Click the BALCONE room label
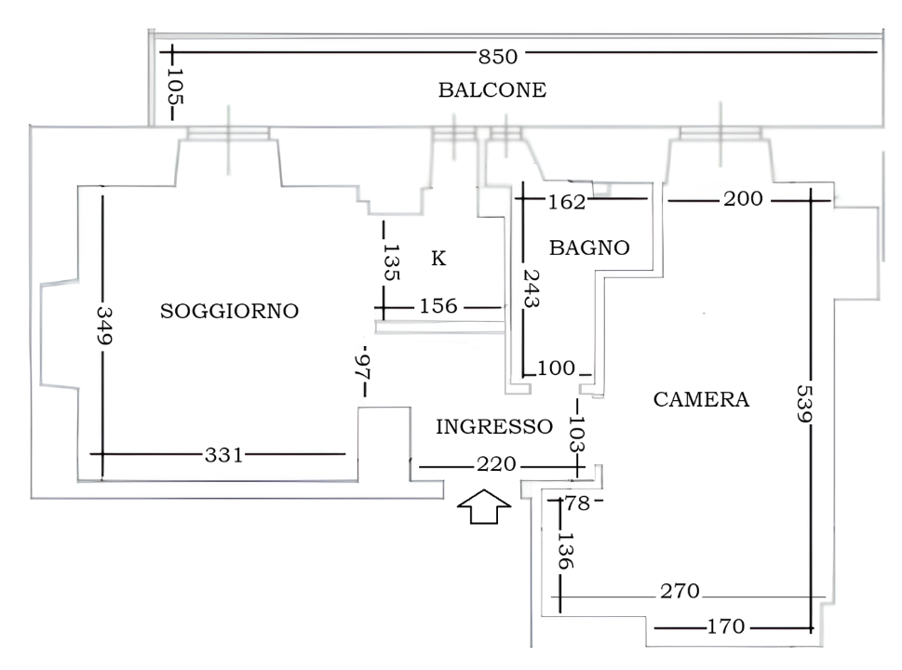click(x=492, y=89)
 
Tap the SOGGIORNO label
click(x=230, y=311)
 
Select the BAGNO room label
click(x=589, y=248)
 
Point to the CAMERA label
click(x=701, y=399)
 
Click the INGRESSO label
click(x=494, y=427)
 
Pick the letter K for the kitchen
click(x=438, y=259)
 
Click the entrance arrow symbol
click(x=484, y=506)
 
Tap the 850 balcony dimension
click(x=498, y=57)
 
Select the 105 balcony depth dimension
click(x=175, y=87)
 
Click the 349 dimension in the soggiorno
click(x=104, y=325)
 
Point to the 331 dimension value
click(x=224, y=455)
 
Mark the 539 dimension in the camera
click(x=804, y=403)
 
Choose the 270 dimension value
click(x=680, y=591)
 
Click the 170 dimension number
click(x=726, y=625)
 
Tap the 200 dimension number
click(x=743, y=199)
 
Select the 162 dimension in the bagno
click(x=567, y=202)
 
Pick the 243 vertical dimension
click(x=531, y=288)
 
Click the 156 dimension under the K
click(x=438, y=306)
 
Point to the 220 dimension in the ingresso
click(x=496, y=464)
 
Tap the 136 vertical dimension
click(x=566, y=550)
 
